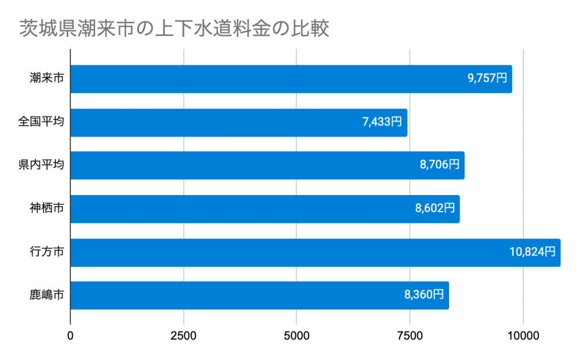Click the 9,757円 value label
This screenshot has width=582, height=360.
point(487,79)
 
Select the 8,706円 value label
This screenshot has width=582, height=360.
point(439,165)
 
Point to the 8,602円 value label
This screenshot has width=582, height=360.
point(435,209)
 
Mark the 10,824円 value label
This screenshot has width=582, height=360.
point(533,253)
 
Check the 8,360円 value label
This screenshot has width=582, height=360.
point(424,295)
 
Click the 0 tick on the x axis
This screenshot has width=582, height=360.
point(70,336)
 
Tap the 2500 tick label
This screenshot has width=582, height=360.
point(183,336)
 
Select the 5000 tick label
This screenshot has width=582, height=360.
point(297,336)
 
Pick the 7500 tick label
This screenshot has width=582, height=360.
point(410,336)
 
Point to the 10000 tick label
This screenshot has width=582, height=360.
point(523,336)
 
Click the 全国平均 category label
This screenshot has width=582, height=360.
point(41,122)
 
